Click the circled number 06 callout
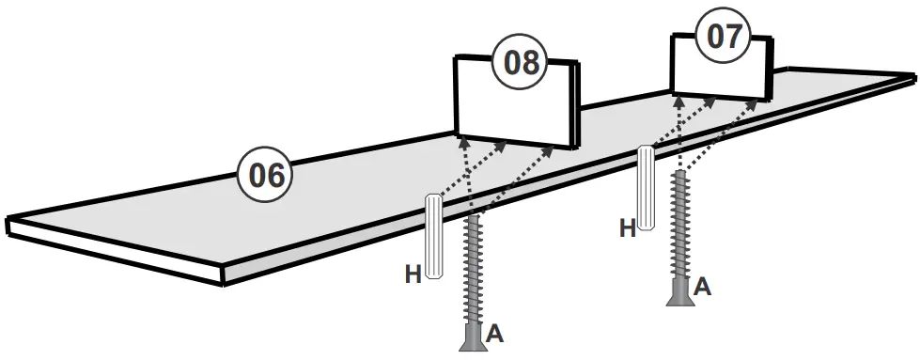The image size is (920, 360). click(267, 175)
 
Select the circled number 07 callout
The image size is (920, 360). click(724, 38)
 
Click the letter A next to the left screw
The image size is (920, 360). click(495, 334)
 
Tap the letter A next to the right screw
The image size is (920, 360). click(701, 288)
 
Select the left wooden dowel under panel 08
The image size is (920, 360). click(434, 236)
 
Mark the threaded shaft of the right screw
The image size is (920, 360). click(679, 226)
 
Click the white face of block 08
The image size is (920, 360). click(512, 105)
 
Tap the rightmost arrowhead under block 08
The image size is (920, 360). click(553, 149)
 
